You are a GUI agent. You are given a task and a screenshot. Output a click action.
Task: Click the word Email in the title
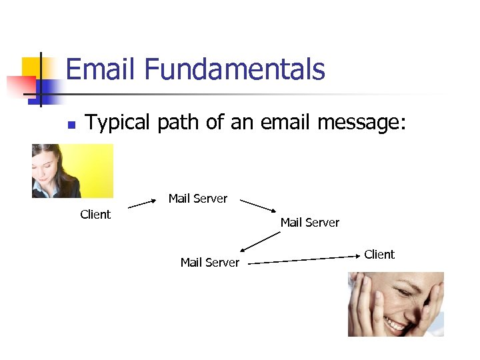pyautogui.click(x=100, y=70)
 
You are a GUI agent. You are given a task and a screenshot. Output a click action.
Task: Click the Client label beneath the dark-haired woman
pyautogui.click(x=95, y=215)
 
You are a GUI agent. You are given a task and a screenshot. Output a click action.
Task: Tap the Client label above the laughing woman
pyautogui.click(x=379, y=255)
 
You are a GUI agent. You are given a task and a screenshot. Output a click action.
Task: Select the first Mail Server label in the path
pyautogui.click(x=198, y=199)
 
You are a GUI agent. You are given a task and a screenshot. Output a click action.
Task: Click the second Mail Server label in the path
pyautogui.click(x=310, y=223)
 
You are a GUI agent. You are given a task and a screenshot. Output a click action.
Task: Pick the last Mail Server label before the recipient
pyautogui.click(x=210, y=263)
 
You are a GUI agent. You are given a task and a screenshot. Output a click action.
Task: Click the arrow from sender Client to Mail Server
pyautogui.click(x=142, y=203)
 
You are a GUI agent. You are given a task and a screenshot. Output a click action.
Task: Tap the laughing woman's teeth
pyautogui.click(x=396, y=325)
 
